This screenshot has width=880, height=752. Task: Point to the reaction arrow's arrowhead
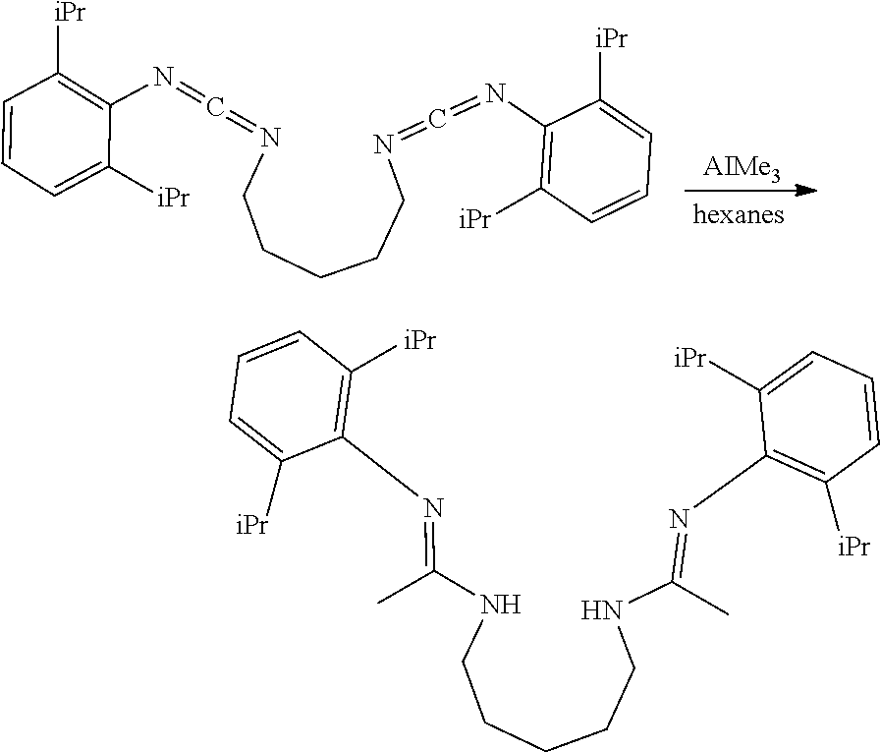point(806,193)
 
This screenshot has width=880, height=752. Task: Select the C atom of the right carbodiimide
point(439,120)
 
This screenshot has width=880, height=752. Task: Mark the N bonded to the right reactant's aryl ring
point(495,95)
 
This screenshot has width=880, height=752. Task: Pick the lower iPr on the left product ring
point(252,527)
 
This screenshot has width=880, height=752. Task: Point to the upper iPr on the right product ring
point(691,359)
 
